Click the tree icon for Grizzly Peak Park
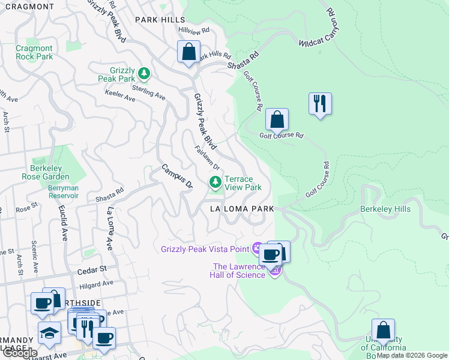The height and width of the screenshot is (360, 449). pyautogui.click(x=143, y=74)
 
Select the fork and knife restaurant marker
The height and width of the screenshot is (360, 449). pyautogui.click(x=320, y=103)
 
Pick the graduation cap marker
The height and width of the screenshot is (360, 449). pyautogui.click(x=49, y=332)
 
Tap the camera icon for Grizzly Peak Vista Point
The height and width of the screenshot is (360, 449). pyautogui.click(x=258, y=247)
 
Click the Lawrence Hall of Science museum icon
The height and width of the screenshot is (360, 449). pyautogui.click(x=275, y=271)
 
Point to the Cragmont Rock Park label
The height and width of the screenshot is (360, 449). pyautogui.click(x=34, y=52)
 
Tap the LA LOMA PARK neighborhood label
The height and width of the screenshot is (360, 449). pyautogui.click(x=241, y=209)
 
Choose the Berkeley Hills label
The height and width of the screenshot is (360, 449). pyautogui.click(x=385, y=209)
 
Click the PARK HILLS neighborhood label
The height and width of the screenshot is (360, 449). pyautogui.click(x=160, y=20)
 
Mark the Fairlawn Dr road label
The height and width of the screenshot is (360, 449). pyautogui.click(x=208, y=157)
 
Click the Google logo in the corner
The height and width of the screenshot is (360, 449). pyautogui.click(x=19, y=353)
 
